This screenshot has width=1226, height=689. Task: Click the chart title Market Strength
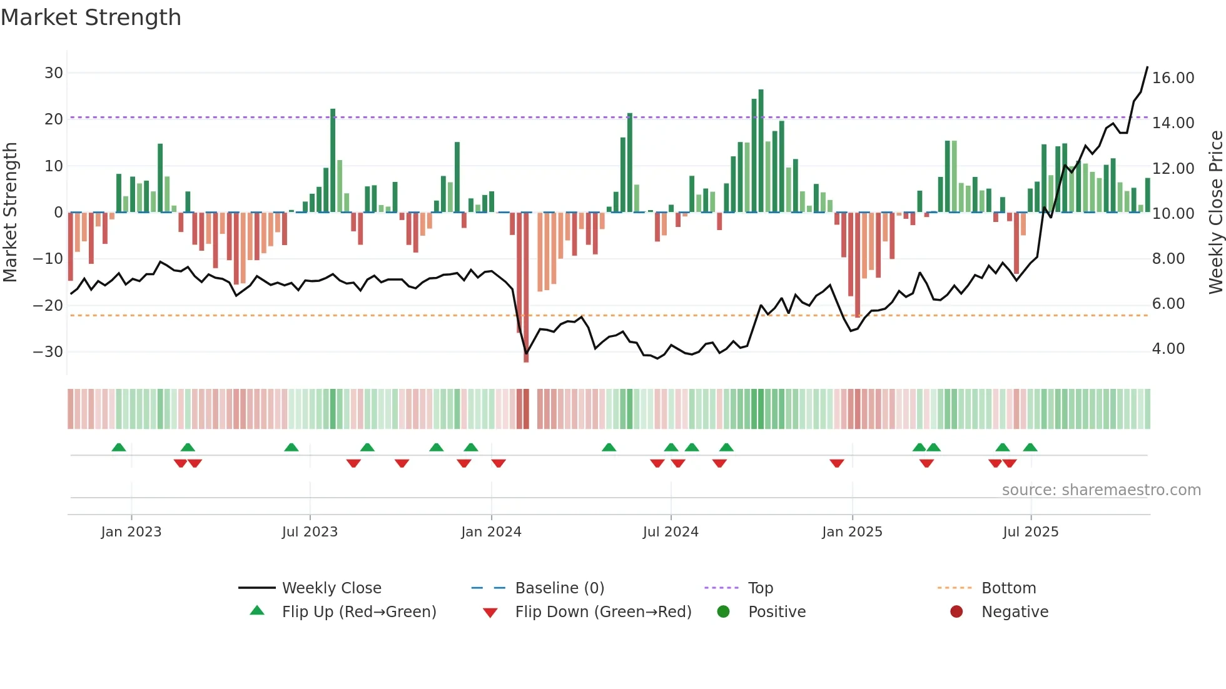pyautogui.click(x=91, y=18)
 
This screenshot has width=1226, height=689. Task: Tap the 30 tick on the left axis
pyautogui.click(x=54, y=73)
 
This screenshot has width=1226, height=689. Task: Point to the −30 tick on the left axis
pyautogui.click(x=49, y=352)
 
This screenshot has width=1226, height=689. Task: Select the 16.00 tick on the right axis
pyautogui.click(x=1173, y=78)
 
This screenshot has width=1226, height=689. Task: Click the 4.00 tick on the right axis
pyautogui.click(x=1168, y=349)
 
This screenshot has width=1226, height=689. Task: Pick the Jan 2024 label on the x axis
pyautogui.click(x=491, y=532)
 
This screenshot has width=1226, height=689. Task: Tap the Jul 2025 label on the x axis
pyautogui.click(x=1030, y=532)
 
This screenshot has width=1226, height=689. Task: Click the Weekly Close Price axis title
pyautogui.click(x=1215, y=213)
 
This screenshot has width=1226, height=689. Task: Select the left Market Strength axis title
pyautogui.click(x=11, y=213)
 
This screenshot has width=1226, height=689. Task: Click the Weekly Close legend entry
pyautogui.click(x=331, y=588)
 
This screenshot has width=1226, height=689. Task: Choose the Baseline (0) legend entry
pyautogui.click(x=559, y=588)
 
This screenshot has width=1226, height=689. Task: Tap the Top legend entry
pyautogui.click(x=760, y=588)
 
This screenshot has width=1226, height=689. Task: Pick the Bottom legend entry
pyautogui.click(x=1008, y=588)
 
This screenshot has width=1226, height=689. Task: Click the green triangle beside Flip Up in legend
pyautogui.click(x=257, y=611)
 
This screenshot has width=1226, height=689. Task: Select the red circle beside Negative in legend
pyautogui.click(x=956, y=611)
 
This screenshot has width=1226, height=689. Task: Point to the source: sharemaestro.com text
pyautogui.click(x=1101, y=490)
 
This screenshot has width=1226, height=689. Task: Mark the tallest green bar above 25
pyautogui.click(x=761, y=150)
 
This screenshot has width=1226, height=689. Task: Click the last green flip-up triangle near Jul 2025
pyautogui.click(x=1030, y=448)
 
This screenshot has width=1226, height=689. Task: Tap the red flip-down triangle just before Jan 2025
pyautogui.click(x=837, y=463)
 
